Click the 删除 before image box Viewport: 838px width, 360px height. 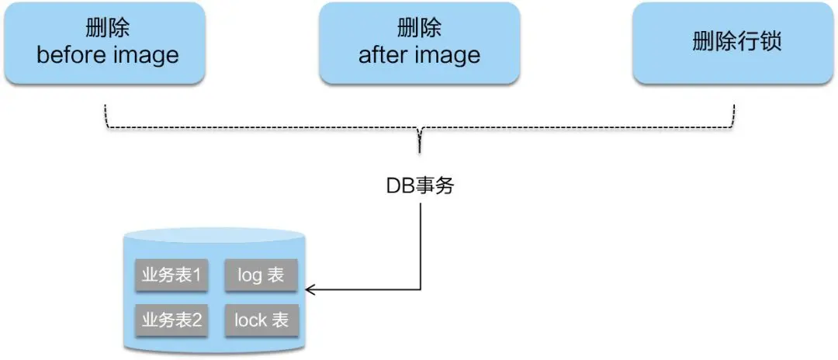point(108,43)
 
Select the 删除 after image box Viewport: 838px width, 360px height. point(419,43)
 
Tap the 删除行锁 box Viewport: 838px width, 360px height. point(736,43)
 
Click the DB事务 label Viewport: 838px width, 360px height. point(419,186)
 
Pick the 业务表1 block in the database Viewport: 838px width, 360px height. point(171,275)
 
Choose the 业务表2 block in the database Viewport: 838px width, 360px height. point(171,320)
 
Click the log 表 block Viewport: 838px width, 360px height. point(261,275)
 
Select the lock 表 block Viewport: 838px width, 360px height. point(261,320)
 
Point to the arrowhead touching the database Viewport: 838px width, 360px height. point(310,290)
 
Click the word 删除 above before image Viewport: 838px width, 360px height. point(108,29)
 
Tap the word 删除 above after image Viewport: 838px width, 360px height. point(419,29)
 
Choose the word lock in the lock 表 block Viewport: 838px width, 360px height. point(250,320)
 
